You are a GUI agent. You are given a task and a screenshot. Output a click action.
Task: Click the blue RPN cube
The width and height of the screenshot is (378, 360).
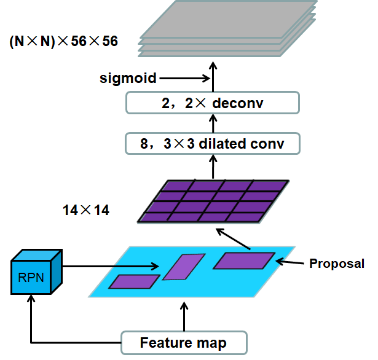tap(36, 276)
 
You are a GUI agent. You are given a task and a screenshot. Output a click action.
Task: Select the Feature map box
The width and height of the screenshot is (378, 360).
tap(183, 343)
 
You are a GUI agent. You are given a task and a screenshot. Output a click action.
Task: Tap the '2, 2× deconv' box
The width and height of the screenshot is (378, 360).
tap(213, 103)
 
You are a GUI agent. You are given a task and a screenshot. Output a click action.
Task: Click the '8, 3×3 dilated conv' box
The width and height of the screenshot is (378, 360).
tap(213, 144)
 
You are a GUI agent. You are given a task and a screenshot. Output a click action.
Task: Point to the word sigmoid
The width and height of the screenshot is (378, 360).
tap(128, 78)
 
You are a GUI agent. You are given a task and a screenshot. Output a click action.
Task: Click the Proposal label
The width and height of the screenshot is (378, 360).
tap(337, 264)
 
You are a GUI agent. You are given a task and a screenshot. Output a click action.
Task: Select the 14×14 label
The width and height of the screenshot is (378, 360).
tap(86, 210)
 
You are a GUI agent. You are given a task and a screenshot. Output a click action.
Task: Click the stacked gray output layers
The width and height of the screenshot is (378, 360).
tap(227, 28)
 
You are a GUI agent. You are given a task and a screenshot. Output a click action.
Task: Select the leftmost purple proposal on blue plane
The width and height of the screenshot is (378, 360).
tap(133, 281)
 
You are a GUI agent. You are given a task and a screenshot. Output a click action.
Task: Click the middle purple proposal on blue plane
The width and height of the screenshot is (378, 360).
tap(183, 267)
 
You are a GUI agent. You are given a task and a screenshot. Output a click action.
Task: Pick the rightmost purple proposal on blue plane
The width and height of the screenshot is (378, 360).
tap(242, 260)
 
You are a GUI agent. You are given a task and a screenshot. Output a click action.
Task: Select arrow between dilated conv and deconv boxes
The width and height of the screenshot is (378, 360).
tap(213, 123)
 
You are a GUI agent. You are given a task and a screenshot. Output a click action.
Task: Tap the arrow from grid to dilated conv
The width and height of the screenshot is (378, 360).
tap(213, 167)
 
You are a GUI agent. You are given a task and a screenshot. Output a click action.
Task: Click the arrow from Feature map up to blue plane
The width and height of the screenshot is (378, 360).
tap(183, 316)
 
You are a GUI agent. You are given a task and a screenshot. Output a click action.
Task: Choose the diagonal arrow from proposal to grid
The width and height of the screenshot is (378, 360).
tap(234, 240)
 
